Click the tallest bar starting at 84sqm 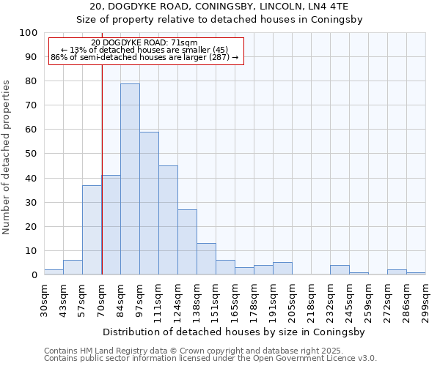130,179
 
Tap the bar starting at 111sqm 168,220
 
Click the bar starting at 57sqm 92,230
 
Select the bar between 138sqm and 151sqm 206,259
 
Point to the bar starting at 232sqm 340,270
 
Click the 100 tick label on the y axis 28,33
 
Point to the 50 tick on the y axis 31,154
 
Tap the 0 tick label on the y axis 34,275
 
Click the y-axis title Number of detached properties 8,157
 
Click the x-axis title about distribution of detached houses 234,332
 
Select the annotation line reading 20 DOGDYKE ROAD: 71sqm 144,43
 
